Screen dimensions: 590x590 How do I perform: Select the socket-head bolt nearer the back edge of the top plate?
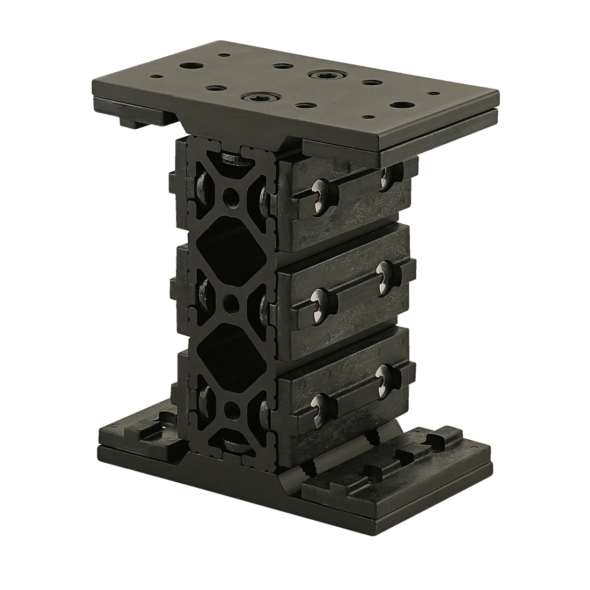click(320, 75)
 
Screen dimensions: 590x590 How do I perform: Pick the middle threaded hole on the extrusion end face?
click(231, 300)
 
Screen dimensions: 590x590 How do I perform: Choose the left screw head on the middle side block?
click(320, 298)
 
